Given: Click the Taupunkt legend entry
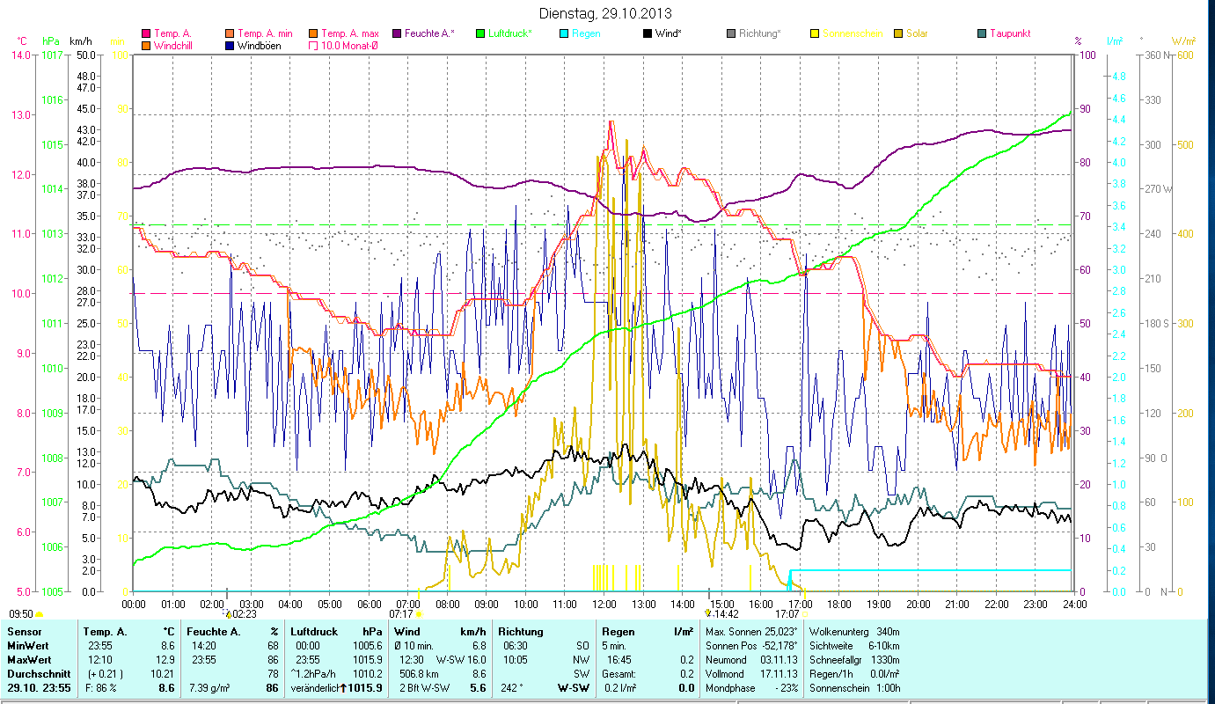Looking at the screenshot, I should [x=1009, y=33].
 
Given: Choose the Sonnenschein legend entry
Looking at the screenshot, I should [x=860, y=33].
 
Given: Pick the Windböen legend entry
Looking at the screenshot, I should [x=257, y=46].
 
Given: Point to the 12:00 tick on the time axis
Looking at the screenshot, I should [x=604, y=605].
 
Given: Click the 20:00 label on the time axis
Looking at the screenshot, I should [x=918, y=605].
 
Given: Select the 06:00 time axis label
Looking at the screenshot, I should [x=370, y=605].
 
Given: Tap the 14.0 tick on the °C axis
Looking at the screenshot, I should [x=18, y=55].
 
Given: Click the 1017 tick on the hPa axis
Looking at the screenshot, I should [x=51, y=55].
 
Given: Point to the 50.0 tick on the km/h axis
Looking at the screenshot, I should [x=86, y=55].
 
